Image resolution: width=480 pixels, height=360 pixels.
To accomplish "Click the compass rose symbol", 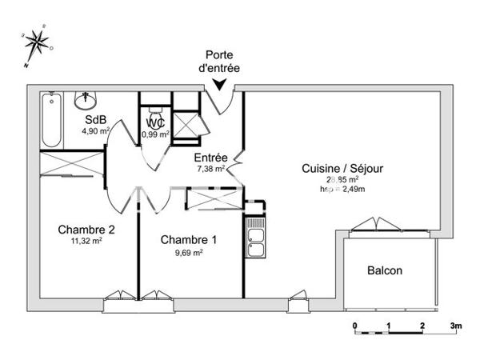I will [36, 42].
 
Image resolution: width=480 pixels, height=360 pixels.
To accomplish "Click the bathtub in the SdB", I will [52, 120].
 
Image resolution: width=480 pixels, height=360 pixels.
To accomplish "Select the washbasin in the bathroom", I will [85, 100].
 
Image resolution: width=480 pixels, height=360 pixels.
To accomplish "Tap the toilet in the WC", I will [154, 111].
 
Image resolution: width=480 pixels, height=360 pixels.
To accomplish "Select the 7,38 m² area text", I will [212, 169].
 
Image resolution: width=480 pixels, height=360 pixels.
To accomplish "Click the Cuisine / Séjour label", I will [342, 168].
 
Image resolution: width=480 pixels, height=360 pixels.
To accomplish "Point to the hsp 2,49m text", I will [342, 190].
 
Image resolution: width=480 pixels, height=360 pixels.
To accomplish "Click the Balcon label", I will [385, 270].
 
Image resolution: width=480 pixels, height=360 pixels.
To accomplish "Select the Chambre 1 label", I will [188, 240].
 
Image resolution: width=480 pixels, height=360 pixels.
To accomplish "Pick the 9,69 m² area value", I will [188, 252].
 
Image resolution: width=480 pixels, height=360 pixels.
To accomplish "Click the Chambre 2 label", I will [86, 230].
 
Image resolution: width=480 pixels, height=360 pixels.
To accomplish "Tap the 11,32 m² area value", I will [86, 240].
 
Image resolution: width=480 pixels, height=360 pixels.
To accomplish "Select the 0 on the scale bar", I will [354, 326].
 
